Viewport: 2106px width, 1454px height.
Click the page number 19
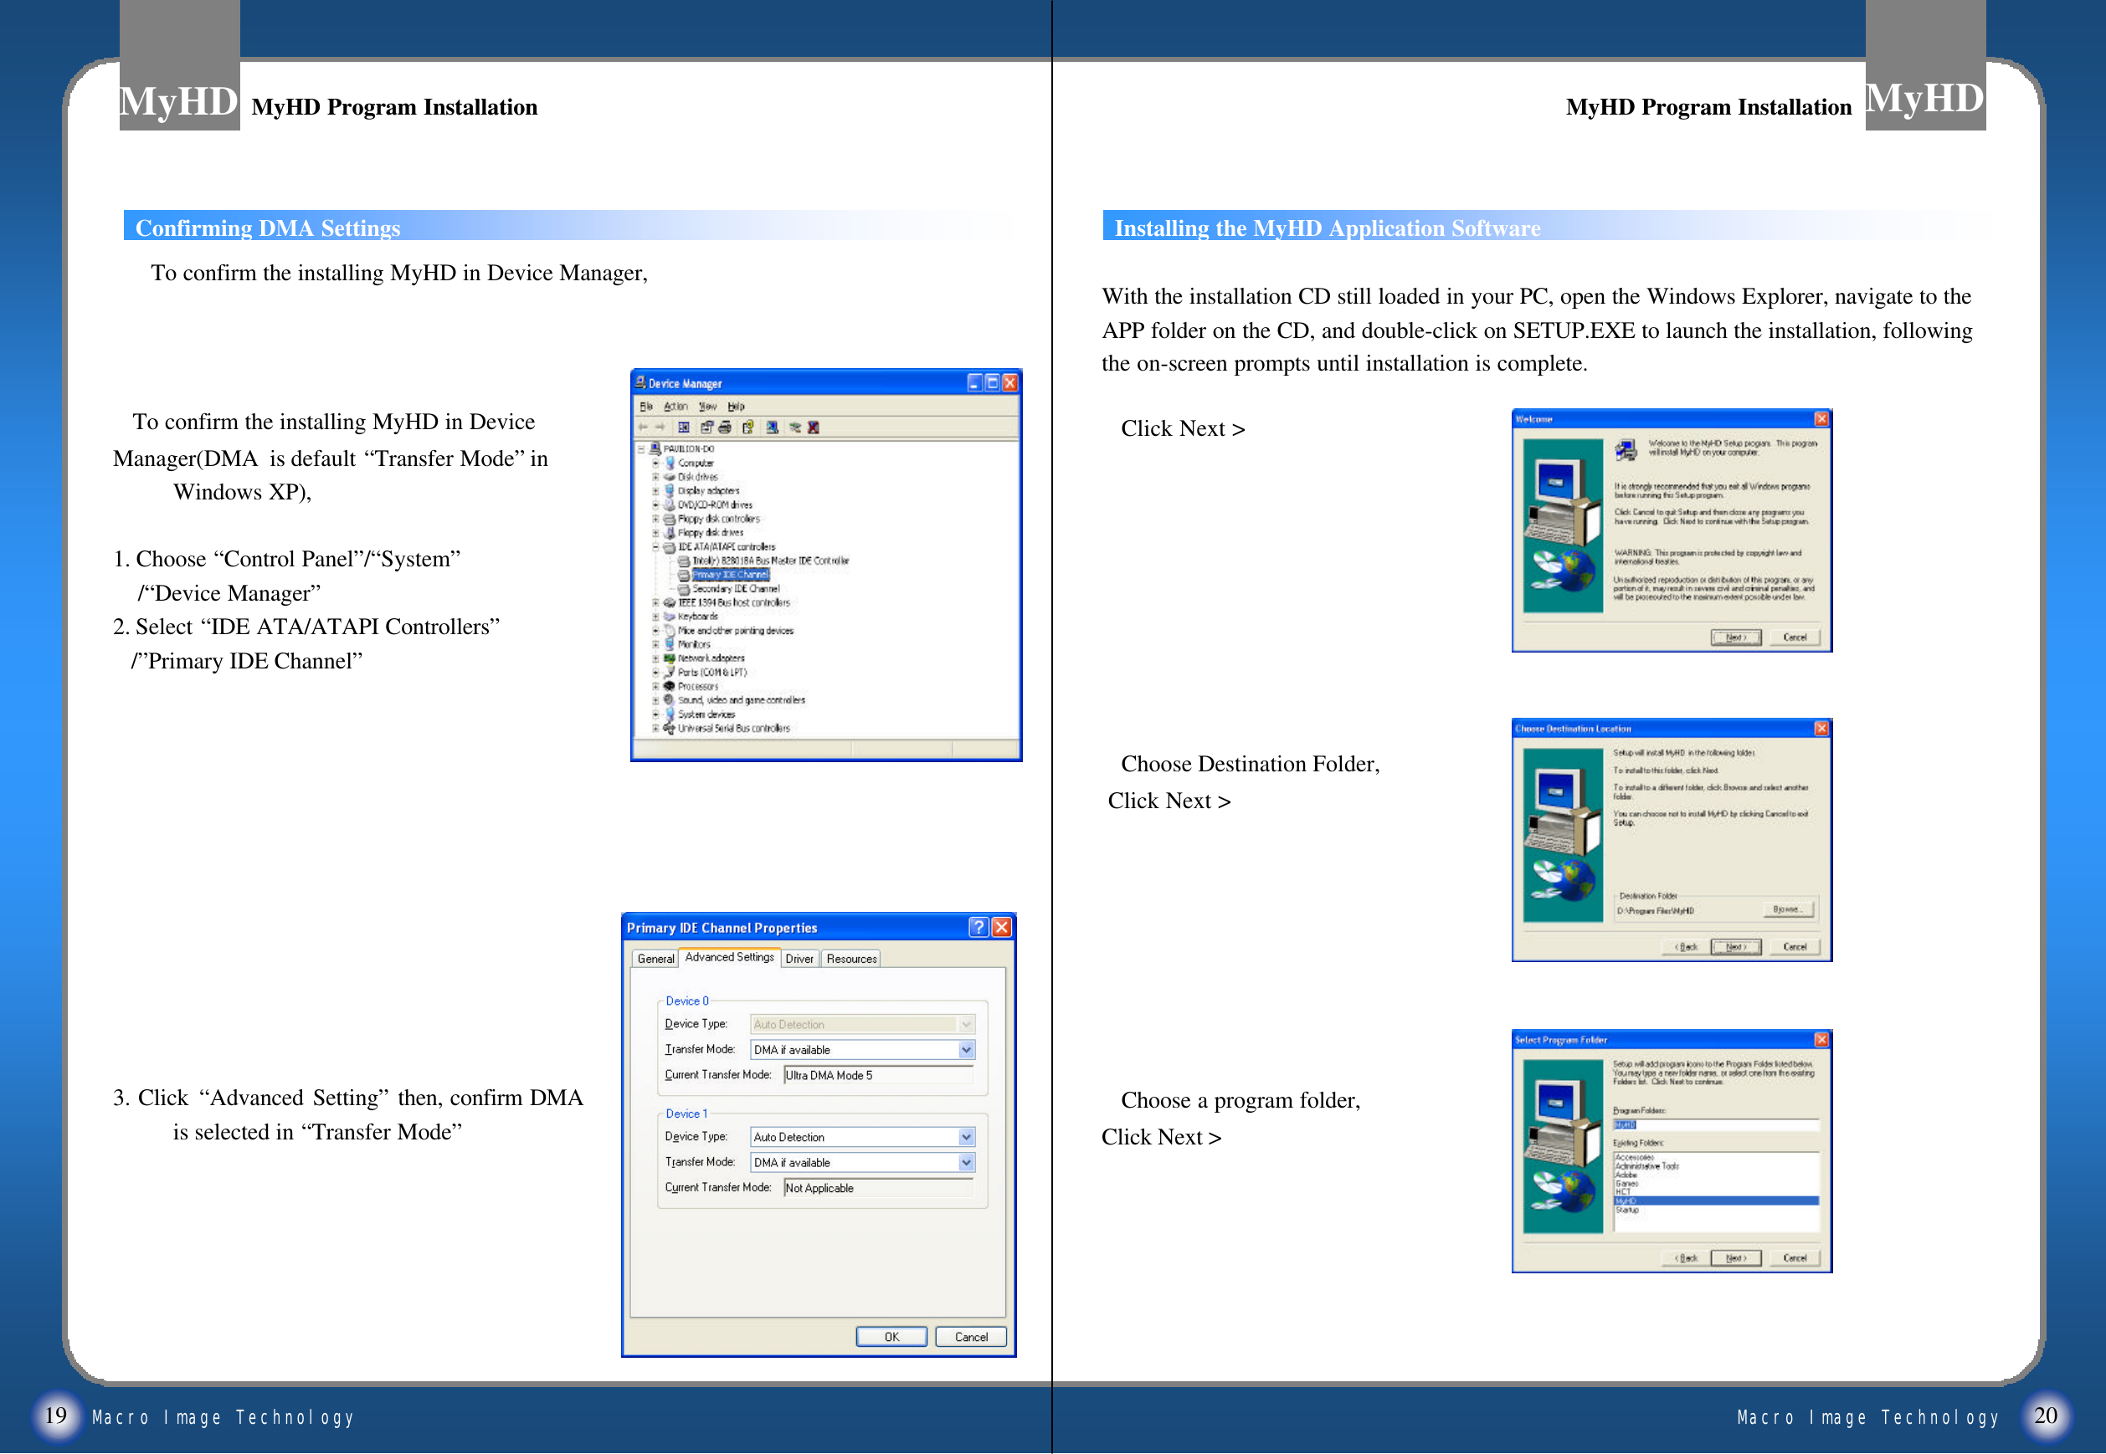pos(55,1415)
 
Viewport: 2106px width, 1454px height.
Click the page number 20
pos(2045,1415)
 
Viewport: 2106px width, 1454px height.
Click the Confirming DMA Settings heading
pos(268,228)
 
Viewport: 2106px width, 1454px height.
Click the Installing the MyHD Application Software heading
pos(1327,228)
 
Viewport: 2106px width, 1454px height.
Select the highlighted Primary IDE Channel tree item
pos(730,575)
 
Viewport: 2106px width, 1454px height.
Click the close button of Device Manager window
pos(1009,382)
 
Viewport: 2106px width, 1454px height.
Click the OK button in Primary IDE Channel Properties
pos(891,1337)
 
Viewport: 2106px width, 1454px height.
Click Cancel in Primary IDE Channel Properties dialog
pos(970,1337)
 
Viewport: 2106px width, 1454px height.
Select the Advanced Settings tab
pos(729,958)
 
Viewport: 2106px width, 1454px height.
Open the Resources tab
pos(851,959)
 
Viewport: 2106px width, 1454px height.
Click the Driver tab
pos(799,959)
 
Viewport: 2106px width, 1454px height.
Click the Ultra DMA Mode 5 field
pos(877,1075)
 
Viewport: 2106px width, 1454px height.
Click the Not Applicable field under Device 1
pos(877,1188)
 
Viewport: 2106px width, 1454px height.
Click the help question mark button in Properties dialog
pos(979,928)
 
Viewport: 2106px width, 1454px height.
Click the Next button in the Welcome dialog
pos(1735,637)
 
